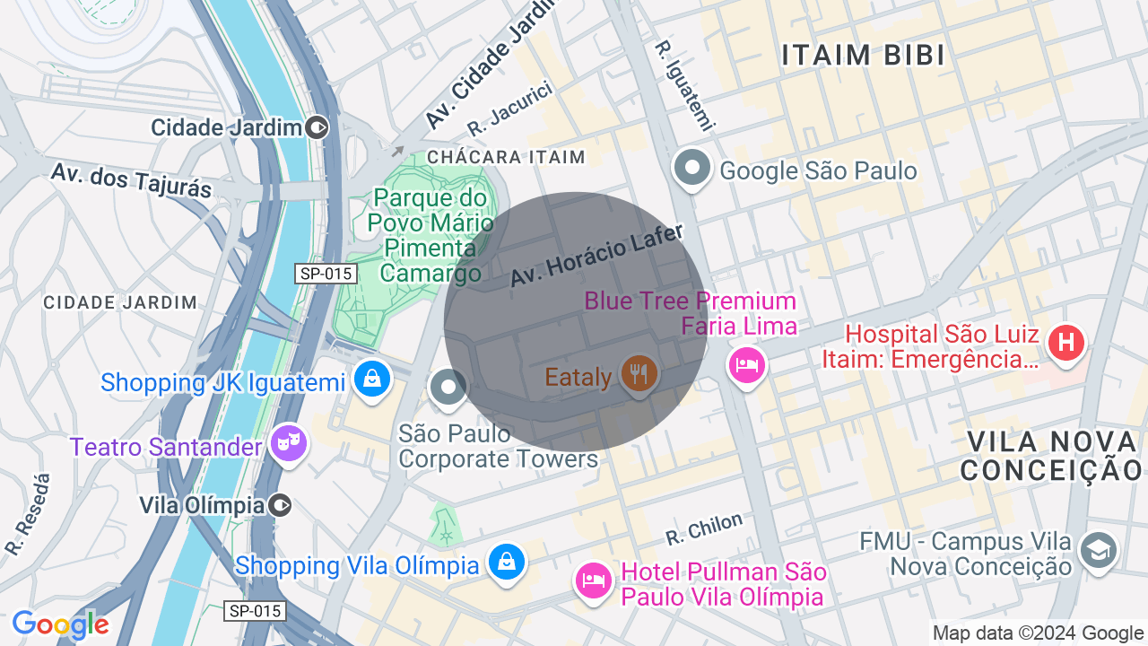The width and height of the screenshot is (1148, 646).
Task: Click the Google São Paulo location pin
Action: pos(691,168)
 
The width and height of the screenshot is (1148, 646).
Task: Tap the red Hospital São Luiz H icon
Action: pos(1065,343)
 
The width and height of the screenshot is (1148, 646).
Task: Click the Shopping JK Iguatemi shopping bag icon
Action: pos(370,379)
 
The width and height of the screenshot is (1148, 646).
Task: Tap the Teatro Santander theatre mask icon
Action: pos(289,443)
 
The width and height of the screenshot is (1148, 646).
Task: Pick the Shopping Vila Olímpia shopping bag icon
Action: pos(506,563)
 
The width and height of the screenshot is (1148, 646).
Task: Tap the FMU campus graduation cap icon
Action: pos(1099,548)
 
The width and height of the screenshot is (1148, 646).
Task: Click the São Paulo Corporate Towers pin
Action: pos(448,388)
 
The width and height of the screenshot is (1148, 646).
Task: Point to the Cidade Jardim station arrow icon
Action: pos(317,127)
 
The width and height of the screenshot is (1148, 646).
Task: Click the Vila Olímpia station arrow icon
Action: pos(281,505)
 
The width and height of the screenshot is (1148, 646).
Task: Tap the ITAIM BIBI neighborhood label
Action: pos(863,56)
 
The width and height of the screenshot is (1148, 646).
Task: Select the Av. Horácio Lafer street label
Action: pos(596,256)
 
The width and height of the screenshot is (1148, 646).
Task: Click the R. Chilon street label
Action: pos(704,528)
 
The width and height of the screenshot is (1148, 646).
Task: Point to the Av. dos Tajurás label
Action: pos(131,179)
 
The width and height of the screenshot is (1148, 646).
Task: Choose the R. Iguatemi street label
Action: pos(683,85)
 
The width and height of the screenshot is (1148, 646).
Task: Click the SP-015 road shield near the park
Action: pos(326,273)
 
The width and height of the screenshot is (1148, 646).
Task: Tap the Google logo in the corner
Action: pos(60,624)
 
